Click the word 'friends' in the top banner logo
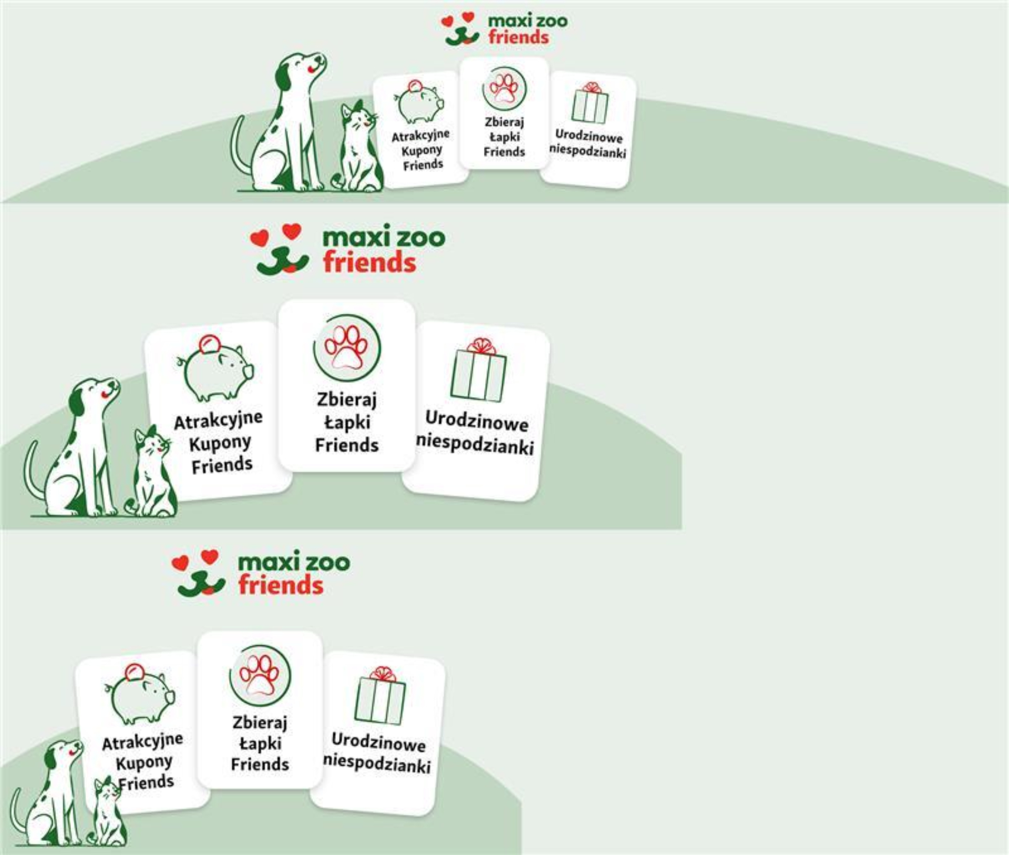pos(518,37)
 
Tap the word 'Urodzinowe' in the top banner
pos(589,136)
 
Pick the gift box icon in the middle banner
pos(479,370)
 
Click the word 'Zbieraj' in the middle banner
pos(347,400)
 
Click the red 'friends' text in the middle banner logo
pos(369,262)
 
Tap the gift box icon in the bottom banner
pos(381,696)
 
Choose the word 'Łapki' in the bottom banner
pos(260,744)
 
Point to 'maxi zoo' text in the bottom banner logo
pos(294,562)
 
